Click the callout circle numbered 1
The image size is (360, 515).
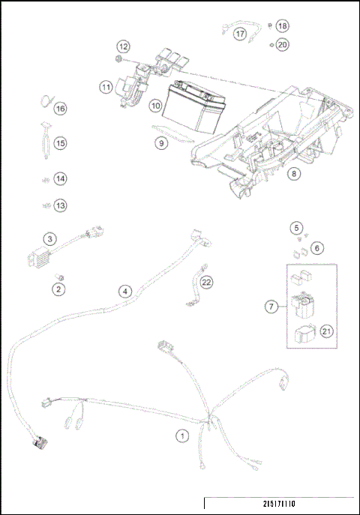point(181,434)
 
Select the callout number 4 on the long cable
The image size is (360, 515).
point(126,290)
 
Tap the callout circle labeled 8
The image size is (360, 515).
point(295,173)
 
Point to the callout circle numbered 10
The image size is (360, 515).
point(154,106)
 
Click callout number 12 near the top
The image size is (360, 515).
point(123,46)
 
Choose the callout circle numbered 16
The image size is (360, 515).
point(60,109)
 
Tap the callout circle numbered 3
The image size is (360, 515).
point(49,240)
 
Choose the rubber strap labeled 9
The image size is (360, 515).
point(178,136)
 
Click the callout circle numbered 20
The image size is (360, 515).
point(282,45)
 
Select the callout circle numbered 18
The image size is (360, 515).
point(282,26)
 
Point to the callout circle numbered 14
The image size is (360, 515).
point(60,179)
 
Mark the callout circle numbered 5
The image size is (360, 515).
point(298,226)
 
